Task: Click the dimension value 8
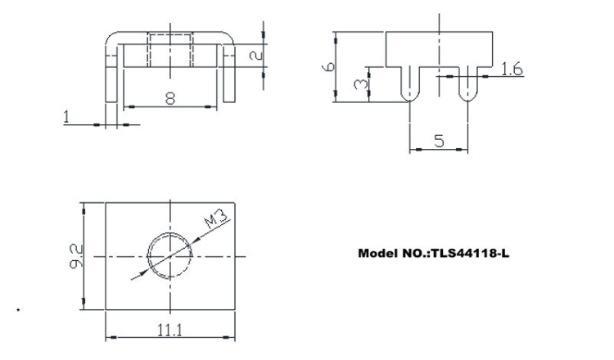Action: coord(169,98)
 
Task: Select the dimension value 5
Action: coord(438,140)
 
